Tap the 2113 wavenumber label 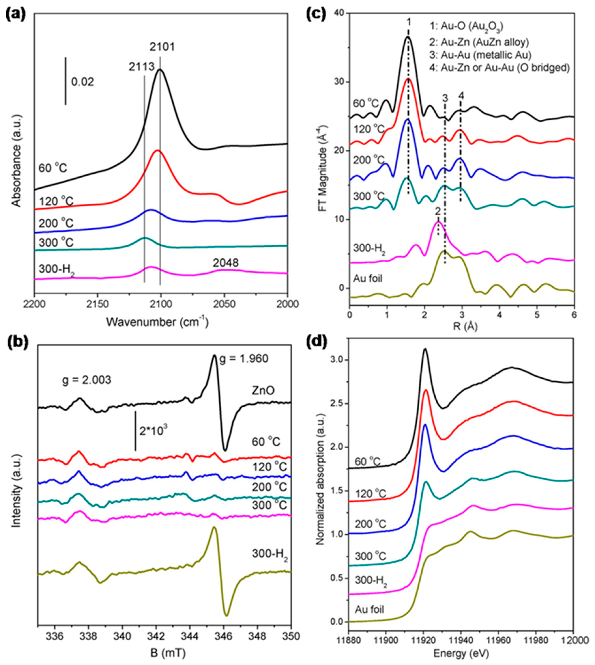pyautogui.click(x=141, y=67)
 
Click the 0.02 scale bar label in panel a pyautogui.click(x=83, y=82)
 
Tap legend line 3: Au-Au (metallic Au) pyautogui.click(x=486, y=55)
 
